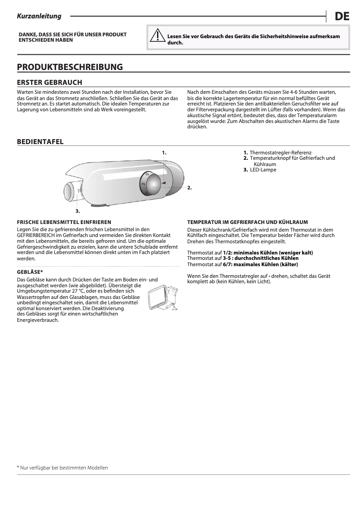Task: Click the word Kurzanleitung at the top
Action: [x=39, y=17]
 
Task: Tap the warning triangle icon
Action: [x=157, y=35]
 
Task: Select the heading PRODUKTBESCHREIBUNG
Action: [x=70, y=67]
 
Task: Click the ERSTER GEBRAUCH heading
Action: [x=49, y=83]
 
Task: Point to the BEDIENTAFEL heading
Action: [x=40, y=142]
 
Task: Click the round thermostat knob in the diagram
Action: [x=154, y=183]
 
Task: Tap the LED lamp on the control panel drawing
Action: [x=71, y=190]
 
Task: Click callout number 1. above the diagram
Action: [x=164, y=153]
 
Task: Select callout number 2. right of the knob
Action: [x=189, y=188]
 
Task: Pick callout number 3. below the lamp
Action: [x=78, y=210]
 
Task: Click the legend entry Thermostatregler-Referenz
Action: [x=280, y=153]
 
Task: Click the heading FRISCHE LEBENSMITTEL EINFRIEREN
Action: [x=64, y=222]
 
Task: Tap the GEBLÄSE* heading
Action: [x=30, y=272]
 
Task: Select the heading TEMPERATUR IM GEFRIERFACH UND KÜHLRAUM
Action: [x=247, y=222]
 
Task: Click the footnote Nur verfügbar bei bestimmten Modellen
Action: [x=64, y=468]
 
